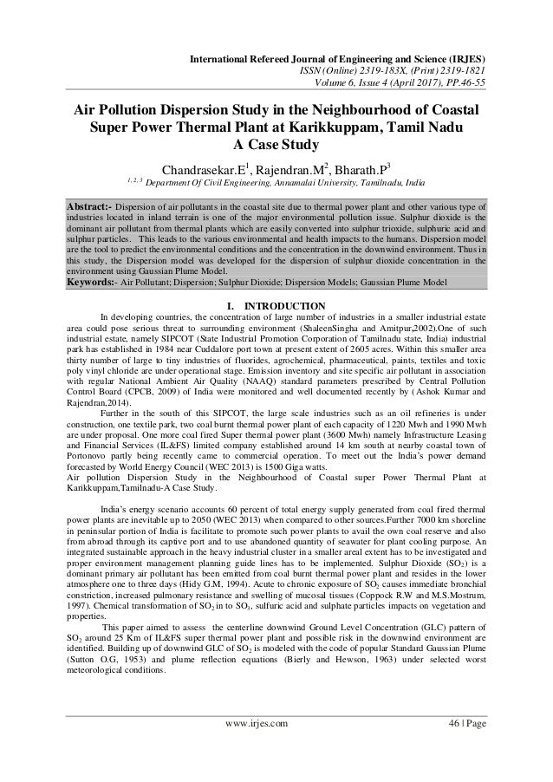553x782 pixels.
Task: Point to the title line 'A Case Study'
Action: coord(276,146)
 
